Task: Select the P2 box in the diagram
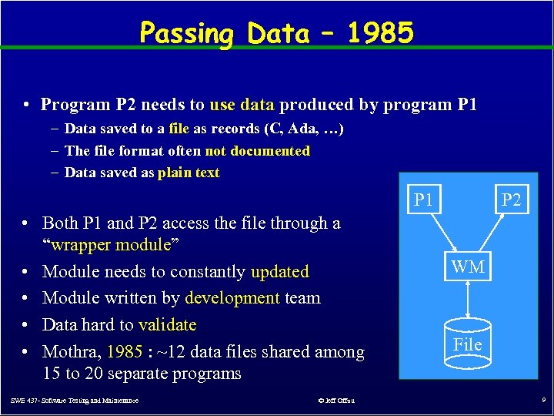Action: [512, 200]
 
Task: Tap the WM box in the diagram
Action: [468, 267]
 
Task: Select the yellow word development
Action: [232, 298]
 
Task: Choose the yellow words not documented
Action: [257, 151]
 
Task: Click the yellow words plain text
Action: [189, 173]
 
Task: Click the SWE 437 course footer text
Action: [75, 401]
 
